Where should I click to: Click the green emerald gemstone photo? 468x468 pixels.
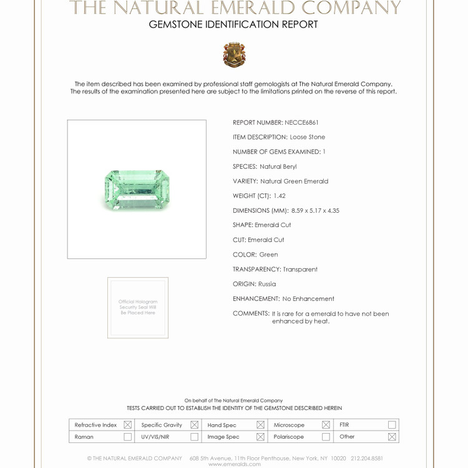[x=137, y=190]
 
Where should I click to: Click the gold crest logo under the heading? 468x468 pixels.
[x=234, y=55]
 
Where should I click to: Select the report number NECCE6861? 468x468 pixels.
[x=302, y=122]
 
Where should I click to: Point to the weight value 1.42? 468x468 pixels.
[x=279, y=196]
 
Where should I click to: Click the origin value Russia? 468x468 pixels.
[x=267, y=284]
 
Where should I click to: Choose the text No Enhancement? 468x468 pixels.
[x=308, y=299]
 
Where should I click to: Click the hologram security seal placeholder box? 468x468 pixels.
[x=138, y=308]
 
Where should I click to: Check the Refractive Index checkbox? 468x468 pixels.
[x=127, y=425]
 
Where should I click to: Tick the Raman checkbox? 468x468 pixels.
[x=127, y=437]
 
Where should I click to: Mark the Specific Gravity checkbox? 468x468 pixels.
[x=194, y=425]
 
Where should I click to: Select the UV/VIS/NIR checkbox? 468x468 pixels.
[x=194, y=437]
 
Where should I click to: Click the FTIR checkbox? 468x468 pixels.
[x=392, y=425]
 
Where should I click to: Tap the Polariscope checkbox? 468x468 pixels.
[x=326, y=437]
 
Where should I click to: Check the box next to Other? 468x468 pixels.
[x=392, y=437]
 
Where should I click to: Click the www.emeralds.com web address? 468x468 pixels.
[x=234, y=464]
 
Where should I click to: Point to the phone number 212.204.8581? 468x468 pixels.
[x=367, y=458]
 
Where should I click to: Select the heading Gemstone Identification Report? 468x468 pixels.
[x=233, y=25]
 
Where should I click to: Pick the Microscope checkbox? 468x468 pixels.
[x=326, y=425]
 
